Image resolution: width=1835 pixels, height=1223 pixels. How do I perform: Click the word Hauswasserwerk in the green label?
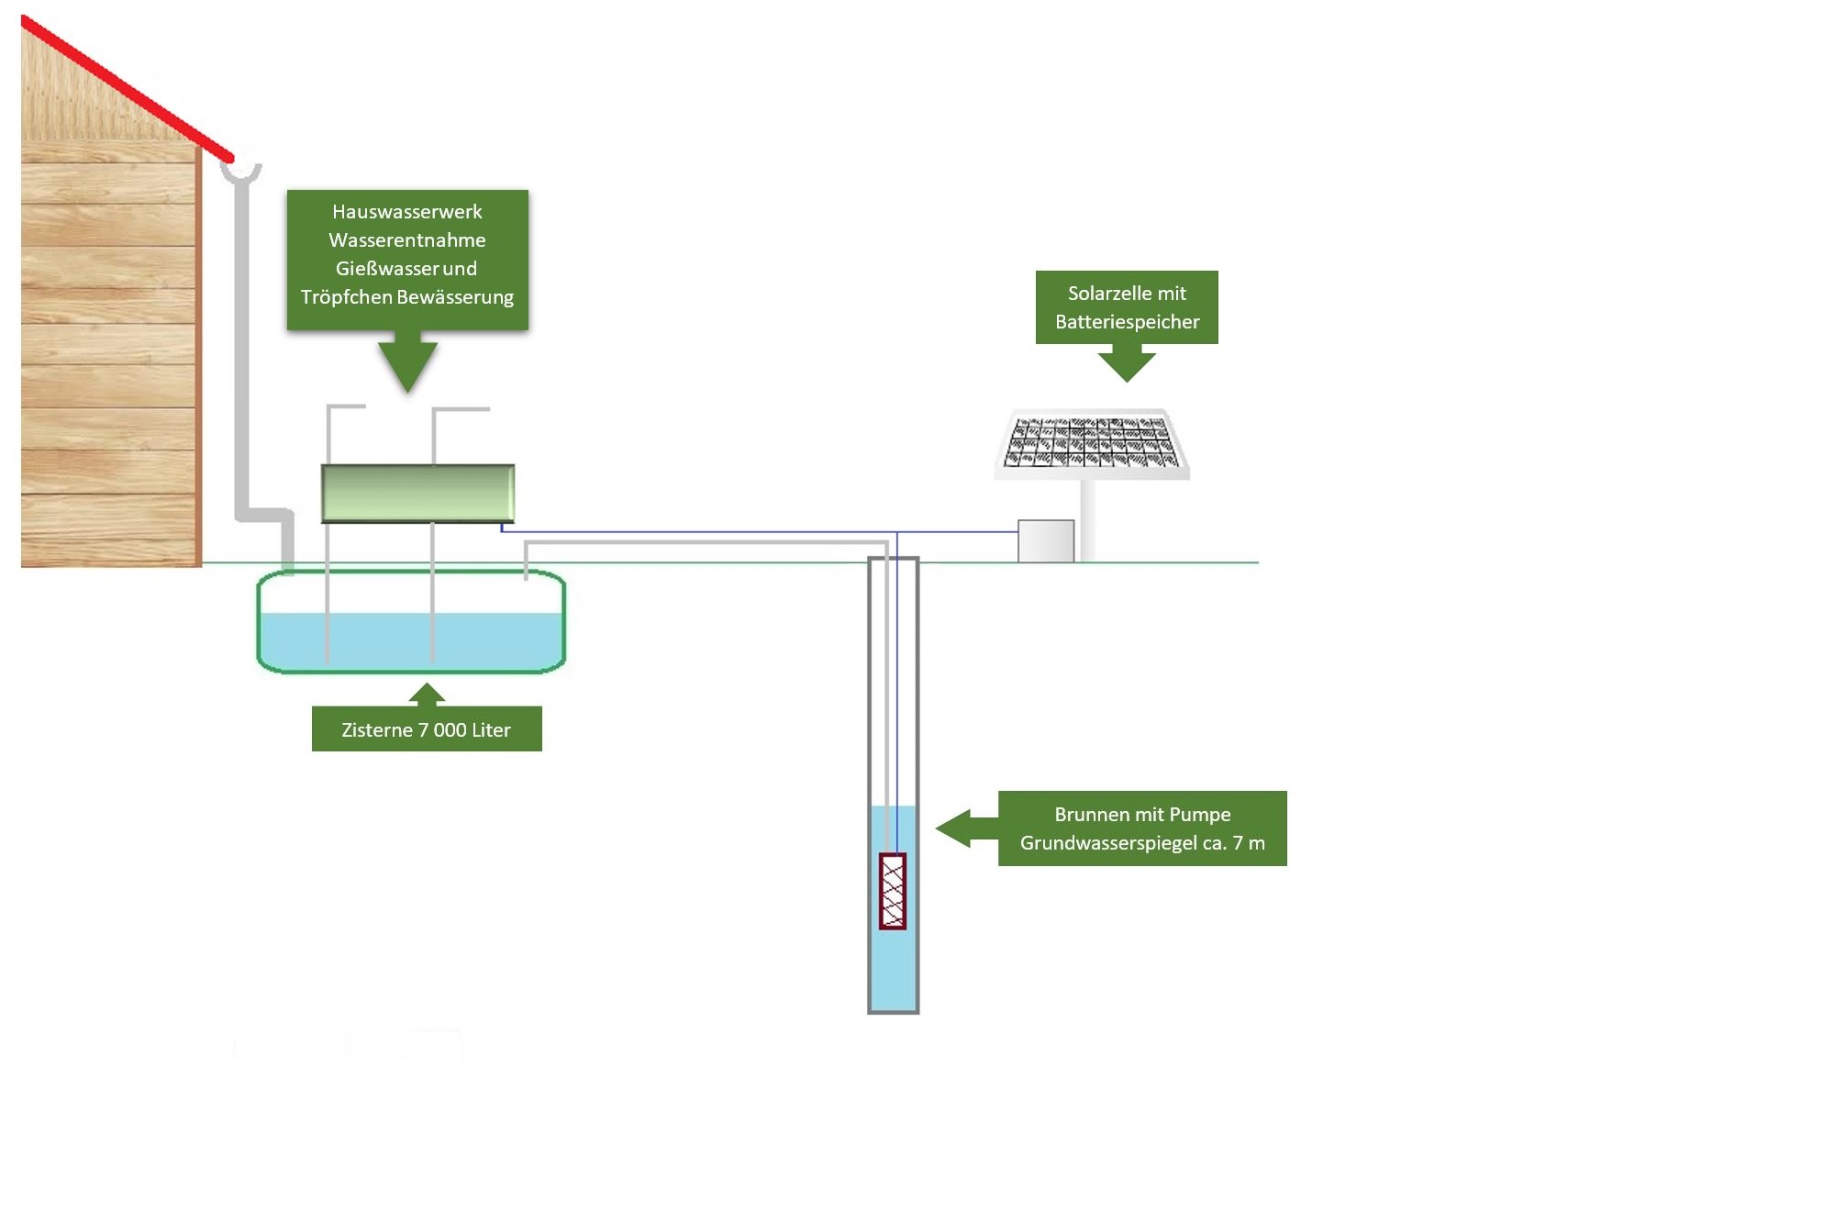pos(406,212)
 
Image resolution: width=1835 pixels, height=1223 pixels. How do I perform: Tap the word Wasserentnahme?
pos(406,240)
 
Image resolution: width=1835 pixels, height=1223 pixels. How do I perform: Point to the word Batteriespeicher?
pos(1127,322)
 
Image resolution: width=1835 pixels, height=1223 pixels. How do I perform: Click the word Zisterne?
pos(376,730)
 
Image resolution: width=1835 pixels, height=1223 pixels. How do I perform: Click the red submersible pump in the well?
pos(893,891)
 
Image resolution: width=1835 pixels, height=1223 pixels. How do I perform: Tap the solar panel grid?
pos(1091,441)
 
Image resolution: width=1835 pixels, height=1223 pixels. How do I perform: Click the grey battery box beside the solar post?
pos(1046,540)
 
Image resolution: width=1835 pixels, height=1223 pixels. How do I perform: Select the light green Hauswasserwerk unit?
pos(417,493)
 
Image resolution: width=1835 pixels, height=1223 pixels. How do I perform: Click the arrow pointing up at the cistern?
pos(426,695)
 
